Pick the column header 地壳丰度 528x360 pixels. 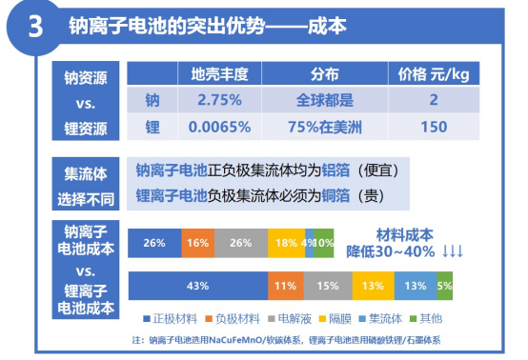[x=220, y=74]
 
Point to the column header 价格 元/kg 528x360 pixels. [x=434, y=74]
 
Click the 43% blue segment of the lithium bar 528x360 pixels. [x=198, y=286]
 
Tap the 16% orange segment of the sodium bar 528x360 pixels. [x=198, y=244]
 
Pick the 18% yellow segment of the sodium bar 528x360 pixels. [x=286, y=244]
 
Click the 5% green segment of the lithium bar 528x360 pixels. [x=444, y=286]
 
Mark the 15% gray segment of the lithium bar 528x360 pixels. [x=327, y=286]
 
